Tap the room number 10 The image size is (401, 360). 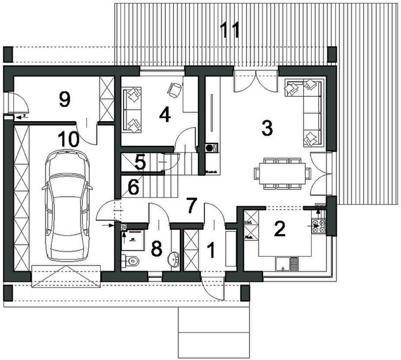coord(69,139)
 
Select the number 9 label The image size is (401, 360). coord(65,99)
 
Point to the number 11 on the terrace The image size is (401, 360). coord(230,30)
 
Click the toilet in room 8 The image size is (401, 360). coord(132,260)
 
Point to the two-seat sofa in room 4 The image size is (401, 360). coord(132,109)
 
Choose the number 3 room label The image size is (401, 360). coord(267,127)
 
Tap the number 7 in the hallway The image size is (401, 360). coord(191,205)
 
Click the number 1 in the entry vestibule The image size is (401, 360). coord(210,247)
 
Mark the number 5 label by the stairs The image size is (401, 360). coord(139,161)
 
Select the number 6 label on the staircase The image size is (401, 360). coord(134,187)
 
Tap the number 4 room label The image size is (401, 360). coord(164,113)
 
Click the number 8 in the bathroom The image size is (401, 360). coord(156,248)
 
